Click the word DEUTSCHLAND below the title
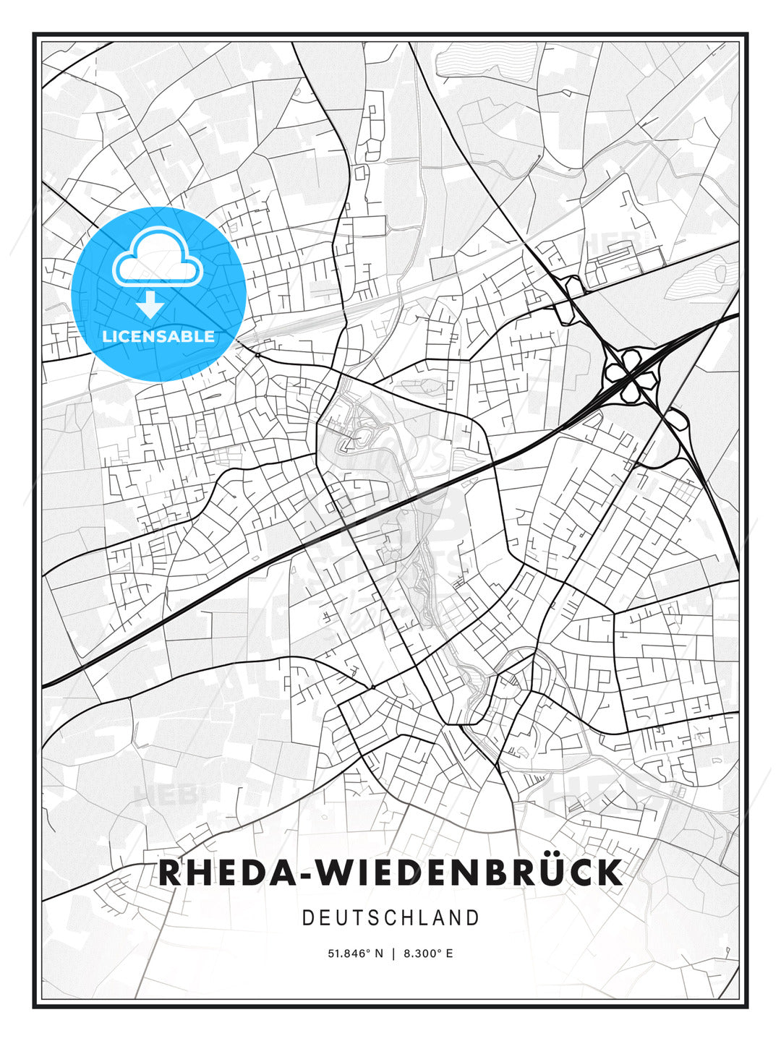(390, 918)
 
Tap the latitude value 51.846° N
(355, 954)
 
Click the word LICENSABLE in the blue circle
(158, 336)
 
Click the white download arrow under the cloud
(150, 305)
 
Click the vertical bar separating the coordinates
(393, 954)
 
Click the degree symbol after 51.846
(367, 951)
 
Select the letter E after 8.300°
(449, 954)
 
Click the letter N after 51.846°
(377, 954)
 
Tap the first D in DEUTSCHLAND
(307, 918)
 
